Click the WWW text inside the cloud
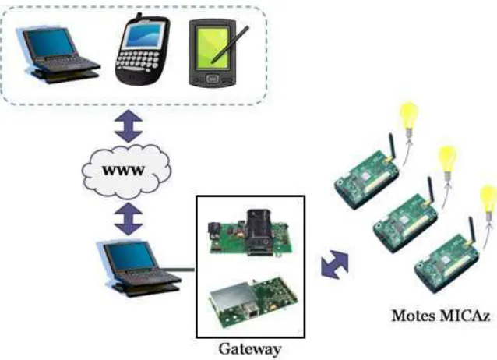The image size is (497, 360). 123,171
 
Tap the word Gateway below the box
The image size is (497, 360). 250,349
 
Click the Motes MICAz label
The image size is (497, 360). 441,316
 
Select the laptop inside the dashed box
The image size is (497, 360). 58,55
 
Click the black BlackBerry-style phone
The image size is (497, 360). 142,50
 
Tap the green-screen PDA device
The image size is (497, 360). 213,53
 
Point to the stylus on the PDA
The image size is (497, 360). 230,44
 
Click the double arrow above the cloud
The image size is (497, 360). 129,125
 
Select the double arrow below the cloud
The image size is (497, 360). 129,219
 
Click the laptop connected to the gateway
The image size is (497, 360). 139,268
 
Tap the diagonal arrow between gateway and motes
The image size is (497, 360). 335,264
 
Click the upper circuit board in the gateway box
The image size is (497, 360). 250,233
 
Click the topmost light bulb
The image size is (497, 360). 409,118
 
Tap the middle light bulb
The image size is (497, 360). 447,163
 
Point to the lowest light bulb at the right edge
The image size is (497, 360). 488,203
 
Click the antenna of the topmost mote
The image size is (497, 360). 392,147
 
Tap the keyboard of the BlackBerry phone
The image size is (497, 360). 137,61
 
